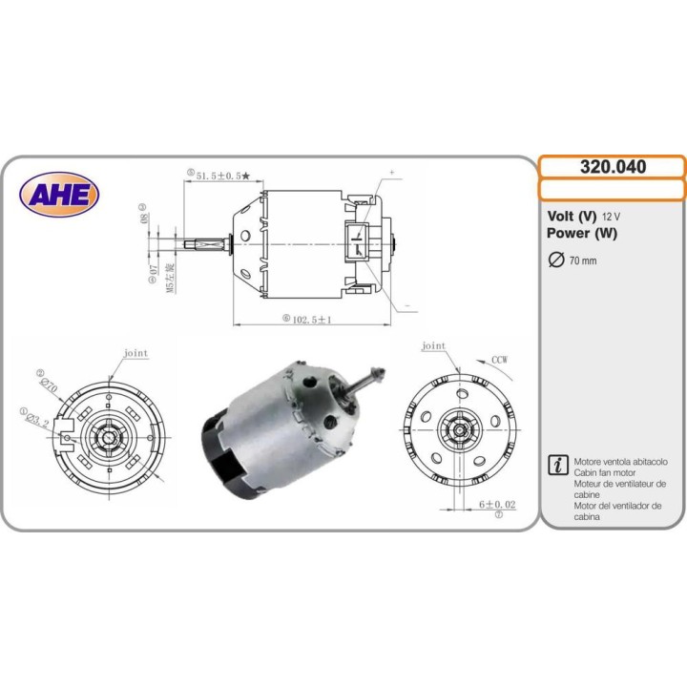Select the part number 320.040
(x=613, y=167)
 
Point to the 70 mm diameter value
(x=582, y=260)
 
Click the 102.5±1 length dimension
(x=310, y=319)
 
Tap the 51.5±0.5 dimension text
(x=220, y=176)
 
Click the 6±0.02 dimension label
(x=497, y=504)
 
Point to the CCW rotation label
(x=499, y=360)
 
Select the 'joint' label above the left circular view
(x=135, y=353)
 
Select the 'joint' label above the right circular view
(x=433, y=345)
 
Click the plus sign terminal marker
(x=391, y=173)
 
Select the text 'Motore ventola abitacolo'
(x=621, y=461)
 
